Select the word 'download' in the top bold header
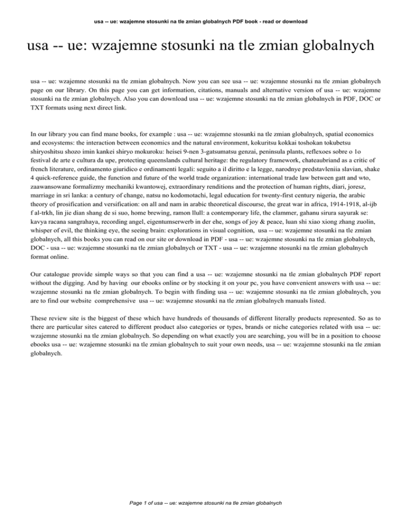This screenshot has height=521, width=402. coord(292,21)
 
